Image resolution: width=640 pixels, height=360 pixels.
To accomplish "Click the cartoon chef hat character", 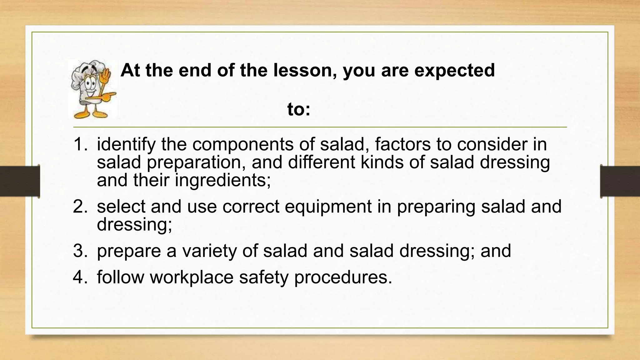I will pos(92,89).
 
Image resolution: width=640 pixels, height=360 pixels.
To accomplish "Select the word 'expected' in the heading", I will pos(454,71).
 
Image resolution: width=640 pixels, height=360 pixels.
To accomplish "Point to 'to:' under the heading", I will pos(299,109).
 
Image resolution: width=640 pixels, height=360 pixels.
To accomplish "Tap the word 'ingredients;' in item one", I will pos(223,181).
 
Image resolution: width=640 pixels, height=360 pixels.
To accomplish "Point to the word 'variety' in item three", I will pos(210,251).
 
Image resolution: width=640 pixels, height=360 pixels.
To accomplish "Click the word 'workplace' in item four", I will pos(192,277).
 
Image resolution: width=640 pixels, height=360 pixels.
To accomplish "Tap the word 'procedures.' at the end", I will pos(343,277).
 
